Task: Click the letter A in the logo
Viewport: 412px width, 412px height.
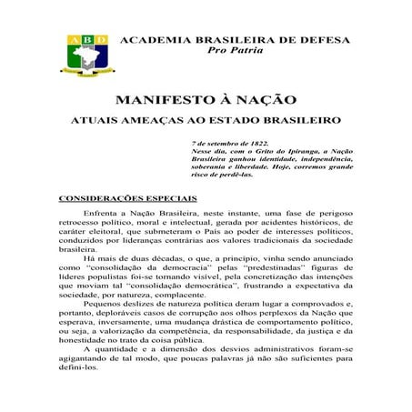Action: (72, 40)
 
